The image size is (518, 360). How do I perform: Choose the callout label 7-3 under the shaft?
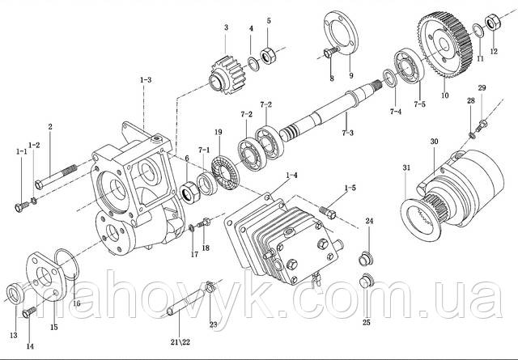(x=346, y=132)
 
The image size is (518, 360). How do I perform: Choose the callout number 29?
(x=481, y=87)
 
